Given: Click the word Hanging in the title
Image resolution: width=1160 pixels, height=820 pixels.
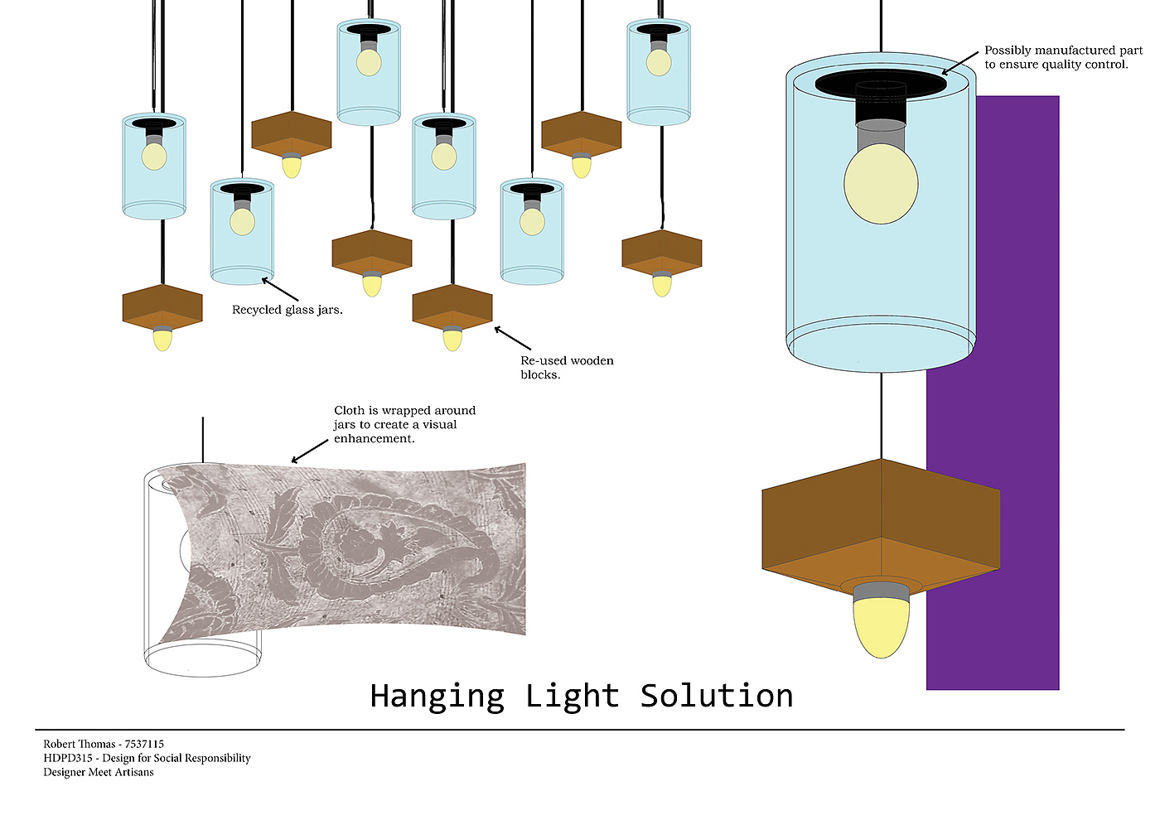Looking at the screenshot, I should click(437, 697).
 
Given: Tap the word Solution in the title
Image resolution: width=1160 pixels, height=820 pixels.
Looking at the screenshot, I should click(717, 697).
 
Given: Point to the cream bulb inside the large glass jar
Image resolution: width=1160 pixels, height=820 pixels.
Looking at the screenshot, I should click(881, 184).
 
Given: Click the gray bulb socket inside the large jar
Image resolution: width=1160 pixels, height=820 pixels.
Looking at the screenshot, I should click(881, 133).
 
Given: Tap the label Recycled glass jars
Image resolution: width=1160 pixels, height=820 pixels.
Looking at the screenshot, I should click(287, 310).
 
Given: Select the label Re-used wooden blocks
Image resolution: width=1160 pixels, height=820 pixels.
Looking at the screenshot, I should click(566, 367).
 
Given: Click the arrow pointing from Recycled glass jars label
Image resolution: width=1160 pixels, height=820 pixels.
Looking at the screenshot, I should click(280, 289).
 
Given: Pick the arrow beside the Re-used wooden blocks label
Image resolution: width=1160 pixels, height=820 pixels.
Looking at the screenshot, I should click(513, 338).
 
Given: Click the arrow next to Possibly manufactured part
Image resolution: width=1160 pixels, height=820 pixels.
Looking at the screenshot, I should click(959, 63).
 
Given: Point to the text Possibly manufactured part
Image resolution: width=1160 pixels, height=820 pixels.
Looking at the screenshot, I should click(1063, 51).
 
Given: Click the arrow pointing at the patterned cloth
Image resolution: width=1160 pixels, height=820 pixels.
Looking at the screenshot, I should click(310, 451).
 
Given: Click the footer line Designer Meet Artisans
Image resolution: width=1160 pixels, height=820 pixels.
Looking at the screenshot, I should click(99, 772).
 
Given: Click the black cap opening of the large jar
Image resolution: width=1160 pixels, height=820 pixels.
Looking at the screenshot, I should click(880, 82).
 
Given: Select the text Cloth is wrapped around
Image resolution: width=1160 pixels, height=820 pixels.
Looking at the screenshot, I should click(404, 410).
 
